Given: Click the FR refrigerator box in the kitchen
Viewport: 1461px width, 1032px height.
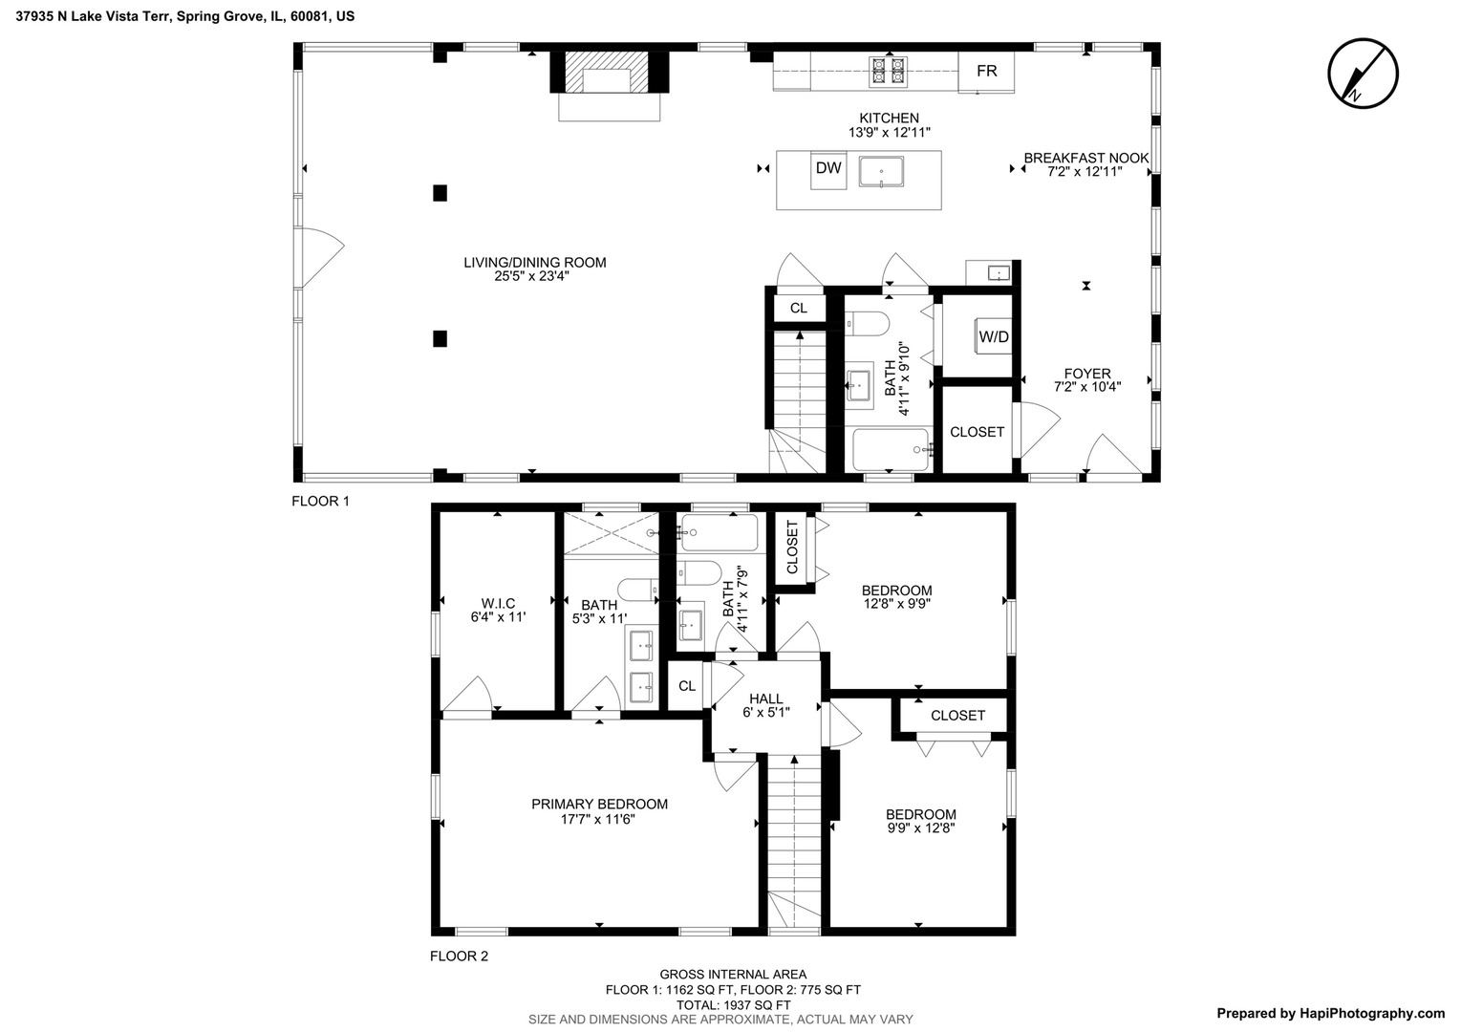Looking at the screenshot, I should point(986,72).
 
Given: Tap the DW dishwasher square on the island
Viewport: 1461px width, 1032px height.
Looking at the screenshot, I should point(828,169).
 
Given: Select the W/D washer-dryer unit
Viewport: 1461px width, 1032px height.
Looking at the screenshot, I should point(993,336).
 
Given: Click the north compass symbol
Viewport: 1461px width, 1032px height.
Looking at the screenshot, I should point(1363,74).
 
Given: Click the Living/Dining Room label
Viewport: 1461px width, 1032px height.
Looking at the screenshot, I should point(534,263).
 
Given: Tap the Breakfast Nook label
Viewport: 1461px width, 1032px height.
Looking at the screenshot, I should point(1085,159).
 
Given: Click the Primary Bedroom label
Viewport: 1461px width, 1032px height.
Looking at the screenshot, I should point(599,805).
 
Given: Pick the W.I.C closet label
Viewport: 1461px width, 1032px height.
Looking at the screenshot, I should point(498,604).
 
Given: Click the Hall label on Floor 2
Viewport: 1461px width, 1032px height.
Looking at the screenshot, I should point(765,699).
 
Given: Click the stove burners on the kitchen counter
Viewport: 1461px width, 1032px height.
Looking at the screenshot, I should point(887,73).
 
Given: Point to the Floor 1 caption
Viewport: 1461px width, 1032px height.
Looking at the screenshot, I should point(321,501).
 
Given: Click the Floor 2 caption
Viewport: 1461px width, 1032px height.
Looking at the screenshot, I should point(459,956).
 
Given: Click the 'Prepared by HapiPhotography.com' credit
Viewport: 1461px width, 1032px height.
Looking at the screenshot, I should point(1330,1014).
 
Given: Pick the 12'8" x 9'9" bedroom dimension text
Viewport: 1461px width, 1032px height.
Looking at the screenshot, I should point(897,604).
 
